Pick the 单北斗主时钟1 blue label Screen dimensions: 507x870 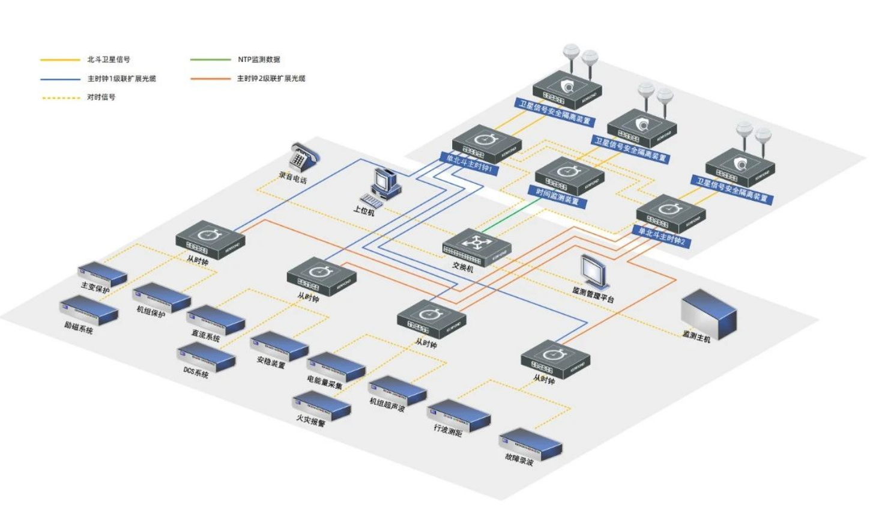click(x=469, y=163)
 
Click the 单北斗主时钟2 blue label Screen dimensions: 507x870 click(x=660, y=235)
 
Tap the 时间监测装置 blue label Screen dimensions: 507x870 click(x=557, y=196)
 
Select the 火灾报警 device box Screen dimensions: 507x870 click(x=322, y=406)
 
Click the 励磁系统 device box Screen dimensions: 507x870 click(x=89, y=311)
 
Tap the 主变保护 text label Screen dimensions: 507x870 click(x=95, y=288)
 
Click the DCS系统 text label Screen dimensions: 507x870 click(x=196, y=372)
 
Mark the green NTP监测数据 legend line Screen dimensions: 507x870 click(x=210, y=59)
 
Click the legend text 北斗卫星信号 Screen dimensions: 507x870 click(x=109, y=59)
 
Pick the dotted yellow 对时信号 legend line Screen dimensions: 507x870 click(x=60, y=97)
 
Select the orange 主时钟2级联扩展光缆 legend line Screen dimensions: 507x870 click(x=210, y=79)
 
